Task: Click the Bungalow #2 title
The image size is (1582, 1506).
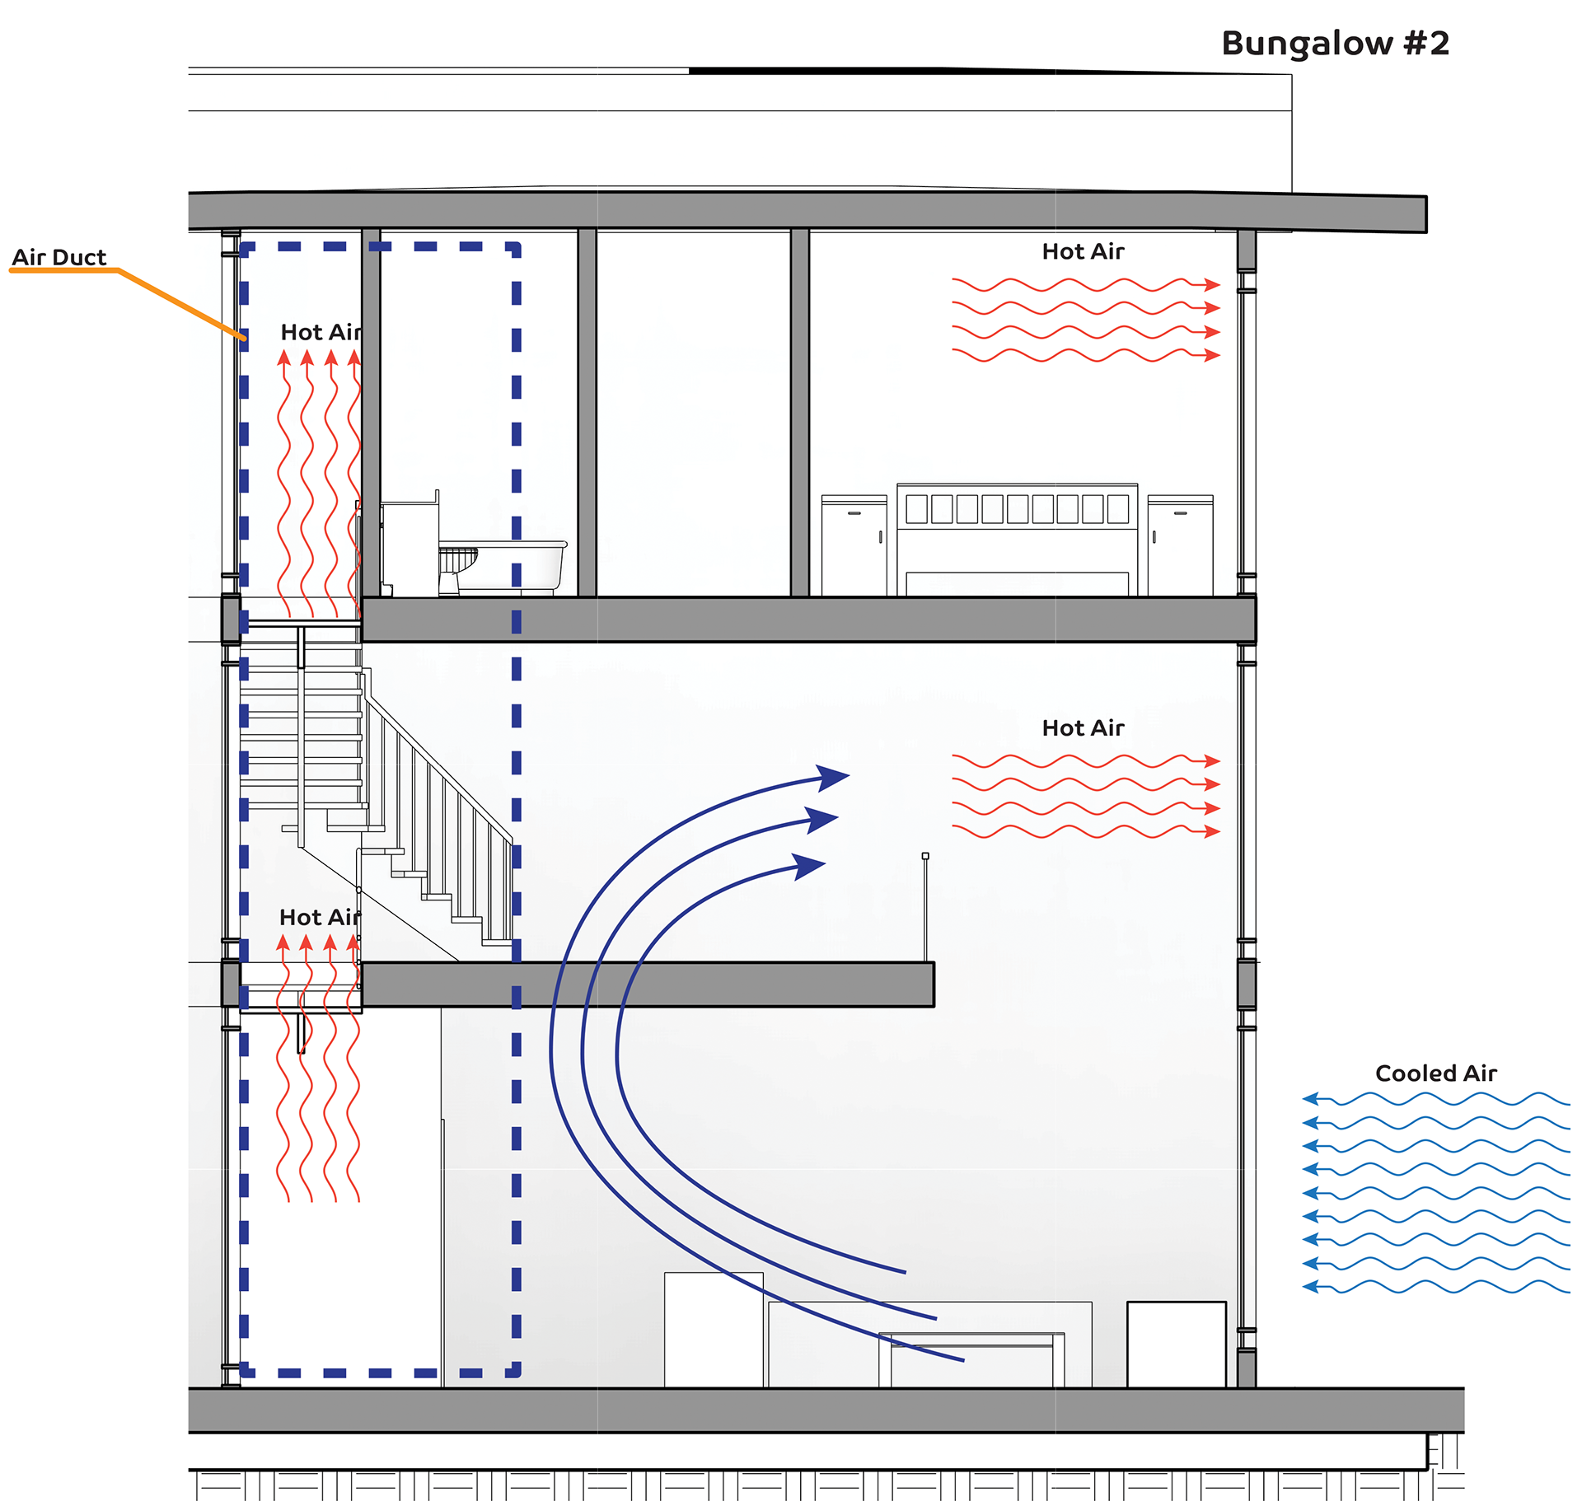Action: click(1335, 43)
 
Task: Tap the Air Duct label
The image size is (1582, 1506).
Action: click(59, 257)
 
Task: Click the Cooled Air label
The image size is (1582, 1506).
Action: click(1435, 1073)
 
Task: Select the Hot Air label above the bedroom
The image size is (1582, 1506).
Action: click(1083, 251)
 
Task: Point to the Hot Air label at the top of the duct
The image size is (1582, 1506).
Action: click(321, 332)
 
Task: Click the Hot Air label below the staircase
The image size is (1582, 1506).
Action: click(320, 917)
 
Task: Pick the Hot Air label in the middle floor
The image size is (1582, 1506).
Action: click(1083, 727)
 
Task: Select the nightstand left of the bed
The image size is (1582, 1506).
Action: click(854, 544)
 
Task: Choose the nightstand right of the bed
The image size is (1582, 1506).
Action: click(1180, 544)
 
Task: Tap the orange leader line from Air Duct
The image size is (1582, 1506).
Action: click(181, 303)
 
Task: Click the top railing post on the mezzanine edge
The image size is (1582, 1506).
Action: click(925, 857)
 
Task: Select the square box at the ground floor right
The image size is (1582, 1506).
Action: click(1176, 1344)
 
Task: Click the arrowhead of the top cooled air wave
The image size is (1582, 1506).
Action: click(1310, 1098)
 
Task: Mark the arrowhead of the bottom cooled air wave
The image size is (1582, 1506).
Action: click(1310, 1287)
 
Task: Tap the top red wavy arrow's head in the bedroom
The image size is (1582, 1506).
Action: click(1211, 285)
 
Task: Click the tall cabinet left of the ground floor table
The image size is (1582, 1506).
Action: click(714, 1329)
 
